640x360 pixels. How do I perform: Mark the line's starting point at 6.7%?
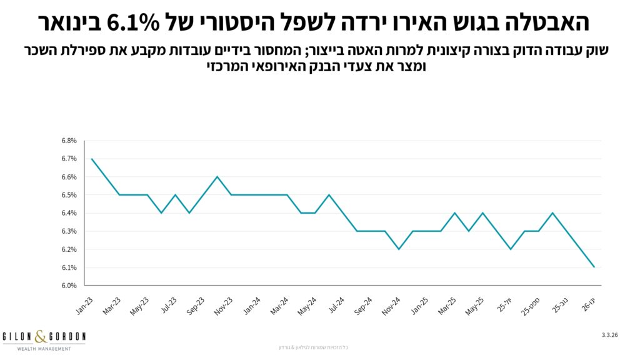click(92, 159)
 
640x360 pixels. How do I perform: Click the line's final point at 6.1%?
click(594, 267)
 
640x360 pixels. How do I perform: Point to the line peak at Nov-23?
click(217, 177)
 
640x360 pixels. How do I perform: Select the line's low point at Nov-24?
click(399, 249)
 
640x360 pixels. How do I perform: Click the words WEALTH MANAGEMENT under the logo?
click(43, 348)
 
